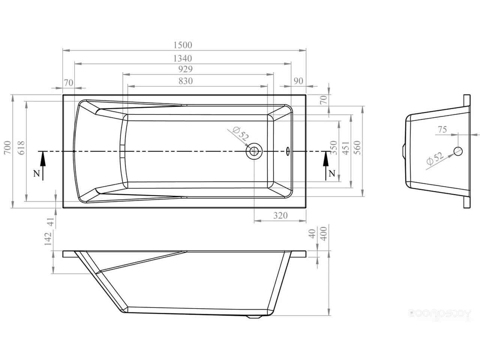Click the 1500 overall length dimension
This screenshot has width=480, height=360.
point(183,45)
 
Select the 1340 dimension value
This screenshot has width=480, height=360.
point(183,58)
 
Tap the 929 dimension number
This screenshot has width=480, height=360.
point(186,69)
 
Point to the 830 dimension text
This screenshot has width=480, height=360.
point(186,81)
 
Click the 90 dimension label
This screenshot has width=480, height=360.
point(298,81)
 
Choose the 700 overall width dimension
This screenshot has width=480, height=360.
point(7,147)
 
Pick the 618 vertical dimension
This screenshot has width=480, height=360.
point(21,148)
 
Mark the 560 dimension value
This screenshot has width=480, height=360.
point(357,148)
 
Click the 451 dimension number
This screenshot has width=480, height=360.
point(345,148)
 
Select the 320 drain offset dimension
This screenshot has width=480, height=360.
point(280,216)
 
